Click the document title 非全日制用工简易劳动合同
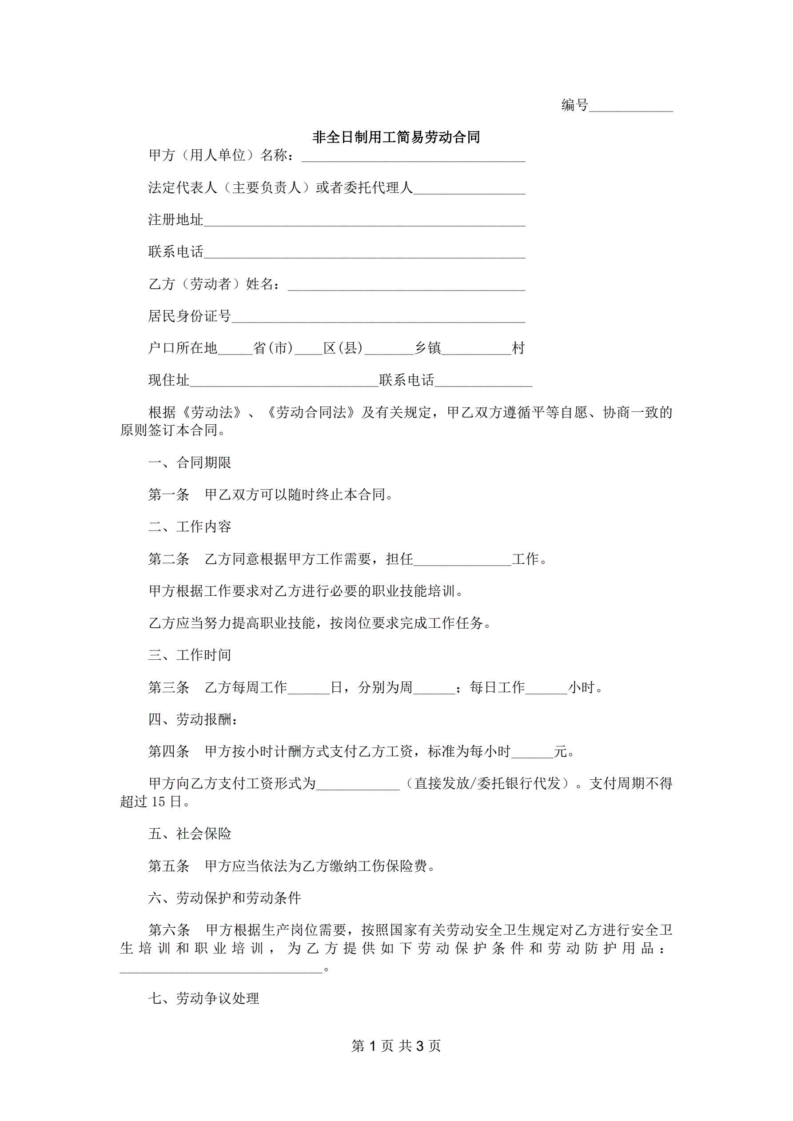tap(396, 137)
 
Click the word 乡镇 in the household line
tap(428, 348)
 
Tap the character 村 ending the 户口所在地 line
tap(518, 348)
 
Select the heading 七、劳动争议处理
tap(203, 998)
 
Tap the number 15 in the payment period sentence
tap(159, 801)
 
